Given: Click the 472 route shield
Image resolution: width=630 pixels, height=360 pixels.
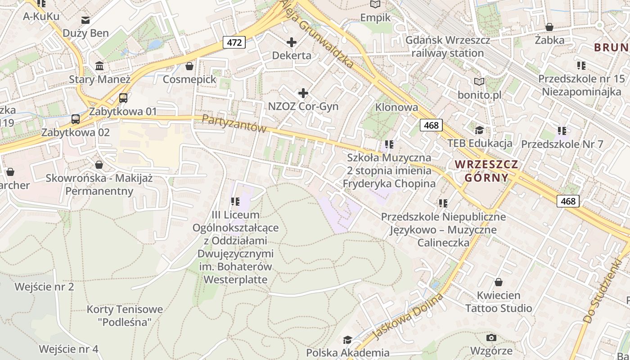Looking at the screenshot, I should tap(234, 43).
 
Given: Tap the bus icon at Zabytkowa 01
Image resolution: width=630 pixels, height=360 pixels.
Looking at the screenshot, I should tap(123, 98).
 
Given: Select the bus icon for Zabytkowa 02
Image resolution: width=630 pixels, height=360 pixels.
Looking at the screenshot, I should tap(76, 119).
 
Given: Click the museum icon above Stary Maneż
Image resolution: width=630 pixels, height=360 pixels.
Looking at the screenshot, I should tap(99, 67).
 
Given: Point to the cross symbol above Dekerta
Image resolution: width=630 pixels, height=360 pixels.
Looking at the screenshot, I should tap(292, 42).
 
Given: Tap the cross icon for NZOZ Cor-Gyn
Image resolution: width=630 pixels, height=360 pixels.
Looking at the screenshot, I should tap(303, 93).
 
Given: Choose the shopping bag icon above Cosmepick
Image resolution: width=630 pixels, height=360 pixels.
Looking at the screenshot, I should tap(189, 66).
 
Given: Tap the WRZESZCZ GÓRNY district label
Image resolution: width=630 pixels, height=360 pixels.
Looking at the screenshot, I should tap(486, 171).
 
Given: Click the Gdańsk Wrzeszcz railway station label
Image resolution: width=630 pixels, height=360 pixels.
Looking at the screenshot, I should tap(448, 46).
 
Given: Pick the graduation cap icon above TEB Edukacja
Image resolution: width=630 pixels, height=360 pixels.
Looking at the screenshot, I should tap(479, 130).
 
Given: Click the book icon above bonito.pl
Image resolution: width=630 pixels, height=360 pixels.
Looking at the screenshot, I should tap(479, 82).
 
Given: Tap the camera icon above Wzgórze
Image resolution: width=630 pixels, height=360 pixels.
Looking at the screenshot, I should tap(491, 337).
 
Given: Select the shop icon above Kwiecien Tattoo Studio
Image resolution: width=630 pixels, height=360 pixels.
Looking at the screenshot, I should tap(498, 283).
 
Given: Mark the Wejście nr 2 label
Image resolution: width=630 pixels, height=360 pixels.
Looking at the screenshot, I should tap(44, 287).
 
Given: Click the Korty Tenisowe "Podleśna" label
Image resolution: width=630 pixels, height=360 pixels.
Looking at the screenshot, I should tap(125, 315).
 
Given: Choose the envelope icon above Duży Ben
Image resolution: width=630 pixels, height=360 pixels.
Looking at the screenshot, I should tap(85, 20).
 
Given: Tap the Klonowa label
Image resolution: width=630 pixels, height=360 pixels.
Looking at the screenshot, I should tap(396, 107).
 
